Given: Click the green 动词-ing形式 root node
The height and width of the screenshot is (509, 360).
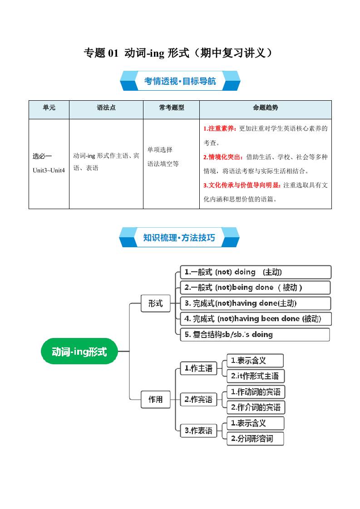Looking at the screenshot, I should click(x=79, y=352).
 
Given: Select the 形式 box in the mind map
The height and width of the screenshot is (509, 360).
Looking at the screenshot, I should click(x=155, y=303).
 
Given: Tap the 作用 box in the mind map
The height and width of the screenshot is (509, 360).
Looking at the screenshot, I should click(x=155, y=400).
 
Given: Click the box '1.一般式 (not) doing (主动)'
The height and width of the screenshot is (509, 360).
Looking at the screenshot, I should click(x=256, y=272).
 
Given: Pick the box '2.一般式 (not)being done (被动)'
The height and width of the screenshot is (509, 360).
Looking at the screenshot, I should click(x=256, y=288).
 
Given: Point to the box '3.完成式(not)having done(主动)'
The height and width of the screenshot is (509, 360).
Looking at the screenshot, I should click(x=256, y=303).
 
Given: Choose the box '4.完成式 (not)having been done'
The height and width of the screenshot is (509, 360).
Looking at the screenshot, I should click(x=256, y=318).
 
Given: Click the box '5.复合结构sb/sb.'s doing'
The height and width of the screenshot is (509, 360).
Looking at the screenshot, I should click(x=255, y=334).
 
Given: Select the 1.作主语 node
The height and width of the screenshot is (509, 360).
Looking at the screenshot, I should click(x=198, y=368).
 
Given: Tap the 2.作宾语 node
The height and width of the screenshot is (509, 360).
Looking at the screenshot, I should click(x=198, y=400).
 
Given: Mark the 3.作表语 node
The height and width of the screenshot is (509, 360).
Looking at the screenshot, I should click(x=198, y=431).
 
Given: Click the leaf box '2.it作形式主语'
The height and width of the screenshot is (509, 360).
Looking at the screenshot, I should click(x=256, y=376).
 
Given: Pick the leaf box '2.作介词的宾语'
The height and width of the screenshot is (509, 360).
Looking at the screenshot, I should click(x=256, y=407).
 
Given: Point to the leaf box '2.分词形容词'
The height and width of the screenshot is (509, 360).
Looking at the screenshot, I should click(x=256, y=438).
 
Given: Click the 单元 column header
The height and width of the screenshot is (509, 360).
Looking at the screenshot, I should click(x=49, y=108).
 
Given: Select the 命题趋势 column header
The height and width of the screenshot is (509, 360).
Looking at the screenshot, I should click(x=266, y=108).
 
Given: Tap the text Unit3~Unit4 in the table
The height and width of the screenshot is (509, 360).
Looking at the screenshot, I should click(x=49, y=170).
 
